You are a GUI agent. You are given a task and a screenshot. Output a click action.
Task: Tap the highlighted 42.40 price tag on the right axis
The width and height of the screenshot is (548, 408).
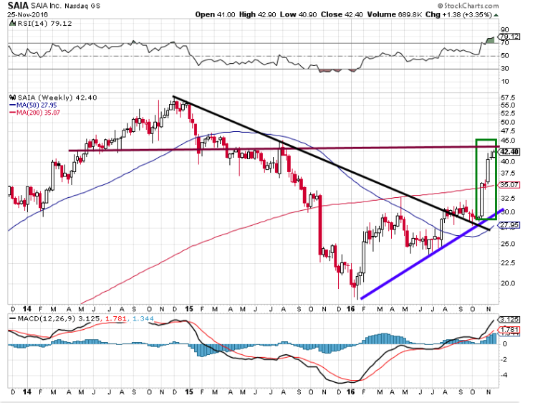click(x=510, y=152)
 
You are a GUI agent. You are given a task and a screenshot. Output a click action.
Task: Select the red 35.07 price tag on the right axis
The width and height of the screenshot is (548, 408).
click(x=510, y=185)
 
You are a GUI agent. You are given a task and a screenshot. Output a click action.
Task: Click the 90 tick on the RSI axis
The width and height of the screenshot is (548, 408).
click(x=504, y=30)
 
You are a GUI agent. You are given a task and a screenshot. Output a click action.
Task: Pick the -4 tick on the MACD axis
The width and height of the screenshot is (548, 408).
click(x=504, y=374)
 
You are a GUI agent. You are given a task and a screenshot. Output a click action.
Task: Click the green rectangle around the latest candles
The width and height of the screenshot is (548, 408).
click(x=476, y=179)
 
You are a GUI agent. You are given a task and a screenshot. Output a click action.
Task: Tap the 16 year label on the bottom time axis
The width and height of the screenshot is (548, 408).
click(x=351, y=394)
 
